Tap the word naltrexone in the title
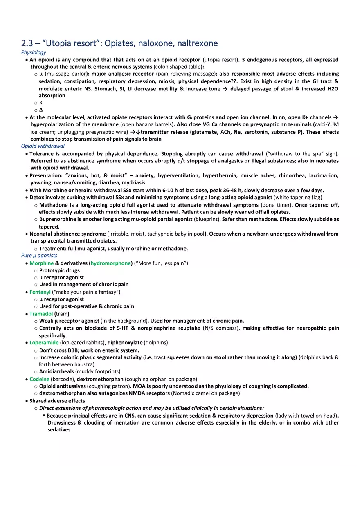(x=198, y=43)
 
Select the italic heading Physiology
(x=34, y=52)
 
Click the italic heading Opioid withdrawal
(x=43, y=146)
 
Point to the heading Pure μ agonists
(x=39, y=256)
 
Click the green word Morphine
(x=41, y=263)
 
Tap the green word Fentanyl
(x=40, y=292)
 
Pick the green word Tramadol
(x=41, y=314)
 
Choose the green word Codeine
(x=39, y=379)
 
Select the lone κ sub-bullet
(x=40, y=103)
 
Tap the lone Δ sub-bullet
(x=40, y=110)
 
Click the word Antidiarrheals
(x=56, y=371)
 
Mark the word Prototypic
(x=53, y=270)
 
